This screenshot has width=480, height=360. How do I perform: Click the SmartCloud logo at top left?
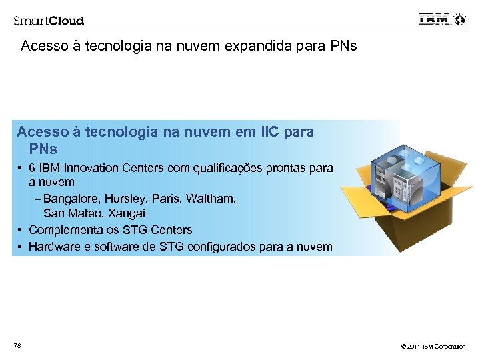click(x=49, y=20)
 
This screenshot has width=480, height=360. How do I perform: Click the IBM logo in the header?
click(x=433, y=19)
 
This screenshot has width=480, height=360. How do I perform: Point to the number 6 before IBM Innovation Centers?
click(x=32, y=168)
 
